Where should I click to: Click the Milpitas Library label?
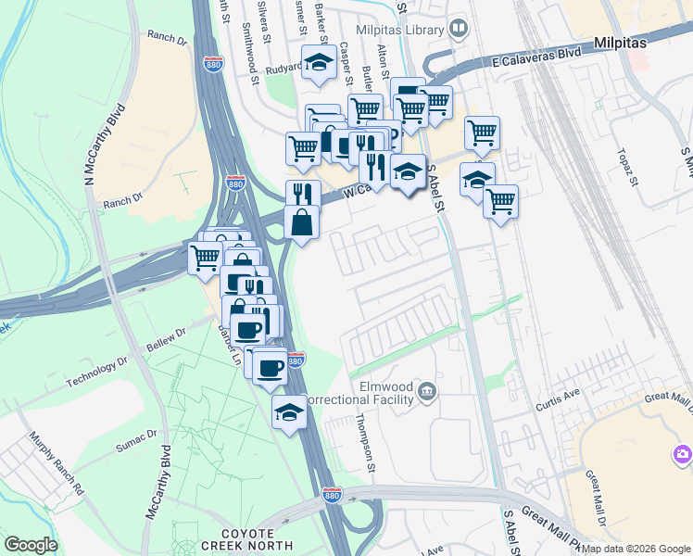point(404,31)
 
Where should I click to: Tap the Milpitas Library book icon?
point(458,30)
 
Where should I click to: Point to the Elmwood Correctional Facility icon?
point(427,389)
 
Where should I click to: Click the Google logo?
point(31,544)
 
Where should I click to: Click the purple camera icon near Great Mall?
point(682,454)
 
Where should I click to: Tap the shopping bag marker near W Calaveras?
point(302,222)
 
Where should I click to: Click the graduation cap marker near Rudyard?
point(321,63)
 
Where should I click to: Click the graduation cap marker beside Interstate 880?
point(289,411)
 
